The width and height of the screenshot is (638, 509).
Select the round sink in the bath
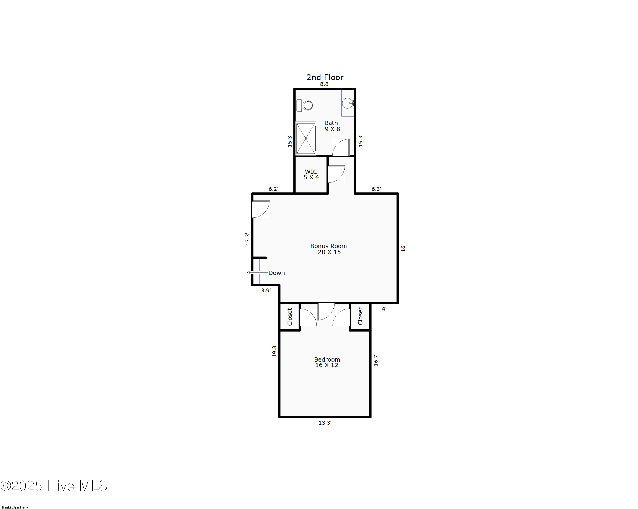[x=347, y=103]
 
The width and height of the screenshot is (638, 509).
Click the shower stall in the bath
[x=306, y=138]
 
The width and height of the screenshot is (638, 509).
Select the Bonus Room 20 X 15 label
[x=329, y=249]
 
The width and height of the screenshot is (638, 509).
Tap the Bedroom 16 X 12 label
[x=327, y=362]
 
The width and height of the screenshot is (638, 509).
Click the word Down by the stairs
[x=276, y=273]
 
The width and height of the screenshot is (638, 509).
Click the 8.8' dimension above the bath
[x=325, y=84]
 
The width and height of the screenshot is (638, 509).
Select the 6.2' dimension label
[x=273, y=189]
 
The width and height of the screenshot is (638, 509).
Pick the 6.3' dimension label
[x=376, y=189]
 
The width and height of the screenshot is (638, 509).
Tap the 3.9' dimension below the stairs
[x=265, y=291]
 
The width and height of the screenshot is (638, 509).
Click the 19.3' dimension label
[x=274, y=351]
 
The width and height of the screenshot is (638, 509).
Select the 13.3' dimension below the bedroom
[x=325, y=423]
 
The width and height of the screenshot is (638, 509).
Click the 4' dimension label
[x=384, y=309]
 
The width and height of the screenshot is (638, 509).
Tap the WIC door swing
[x=336, y=174]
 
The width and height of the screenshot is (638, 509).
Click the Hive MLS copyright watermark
[x=54, y=486]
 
